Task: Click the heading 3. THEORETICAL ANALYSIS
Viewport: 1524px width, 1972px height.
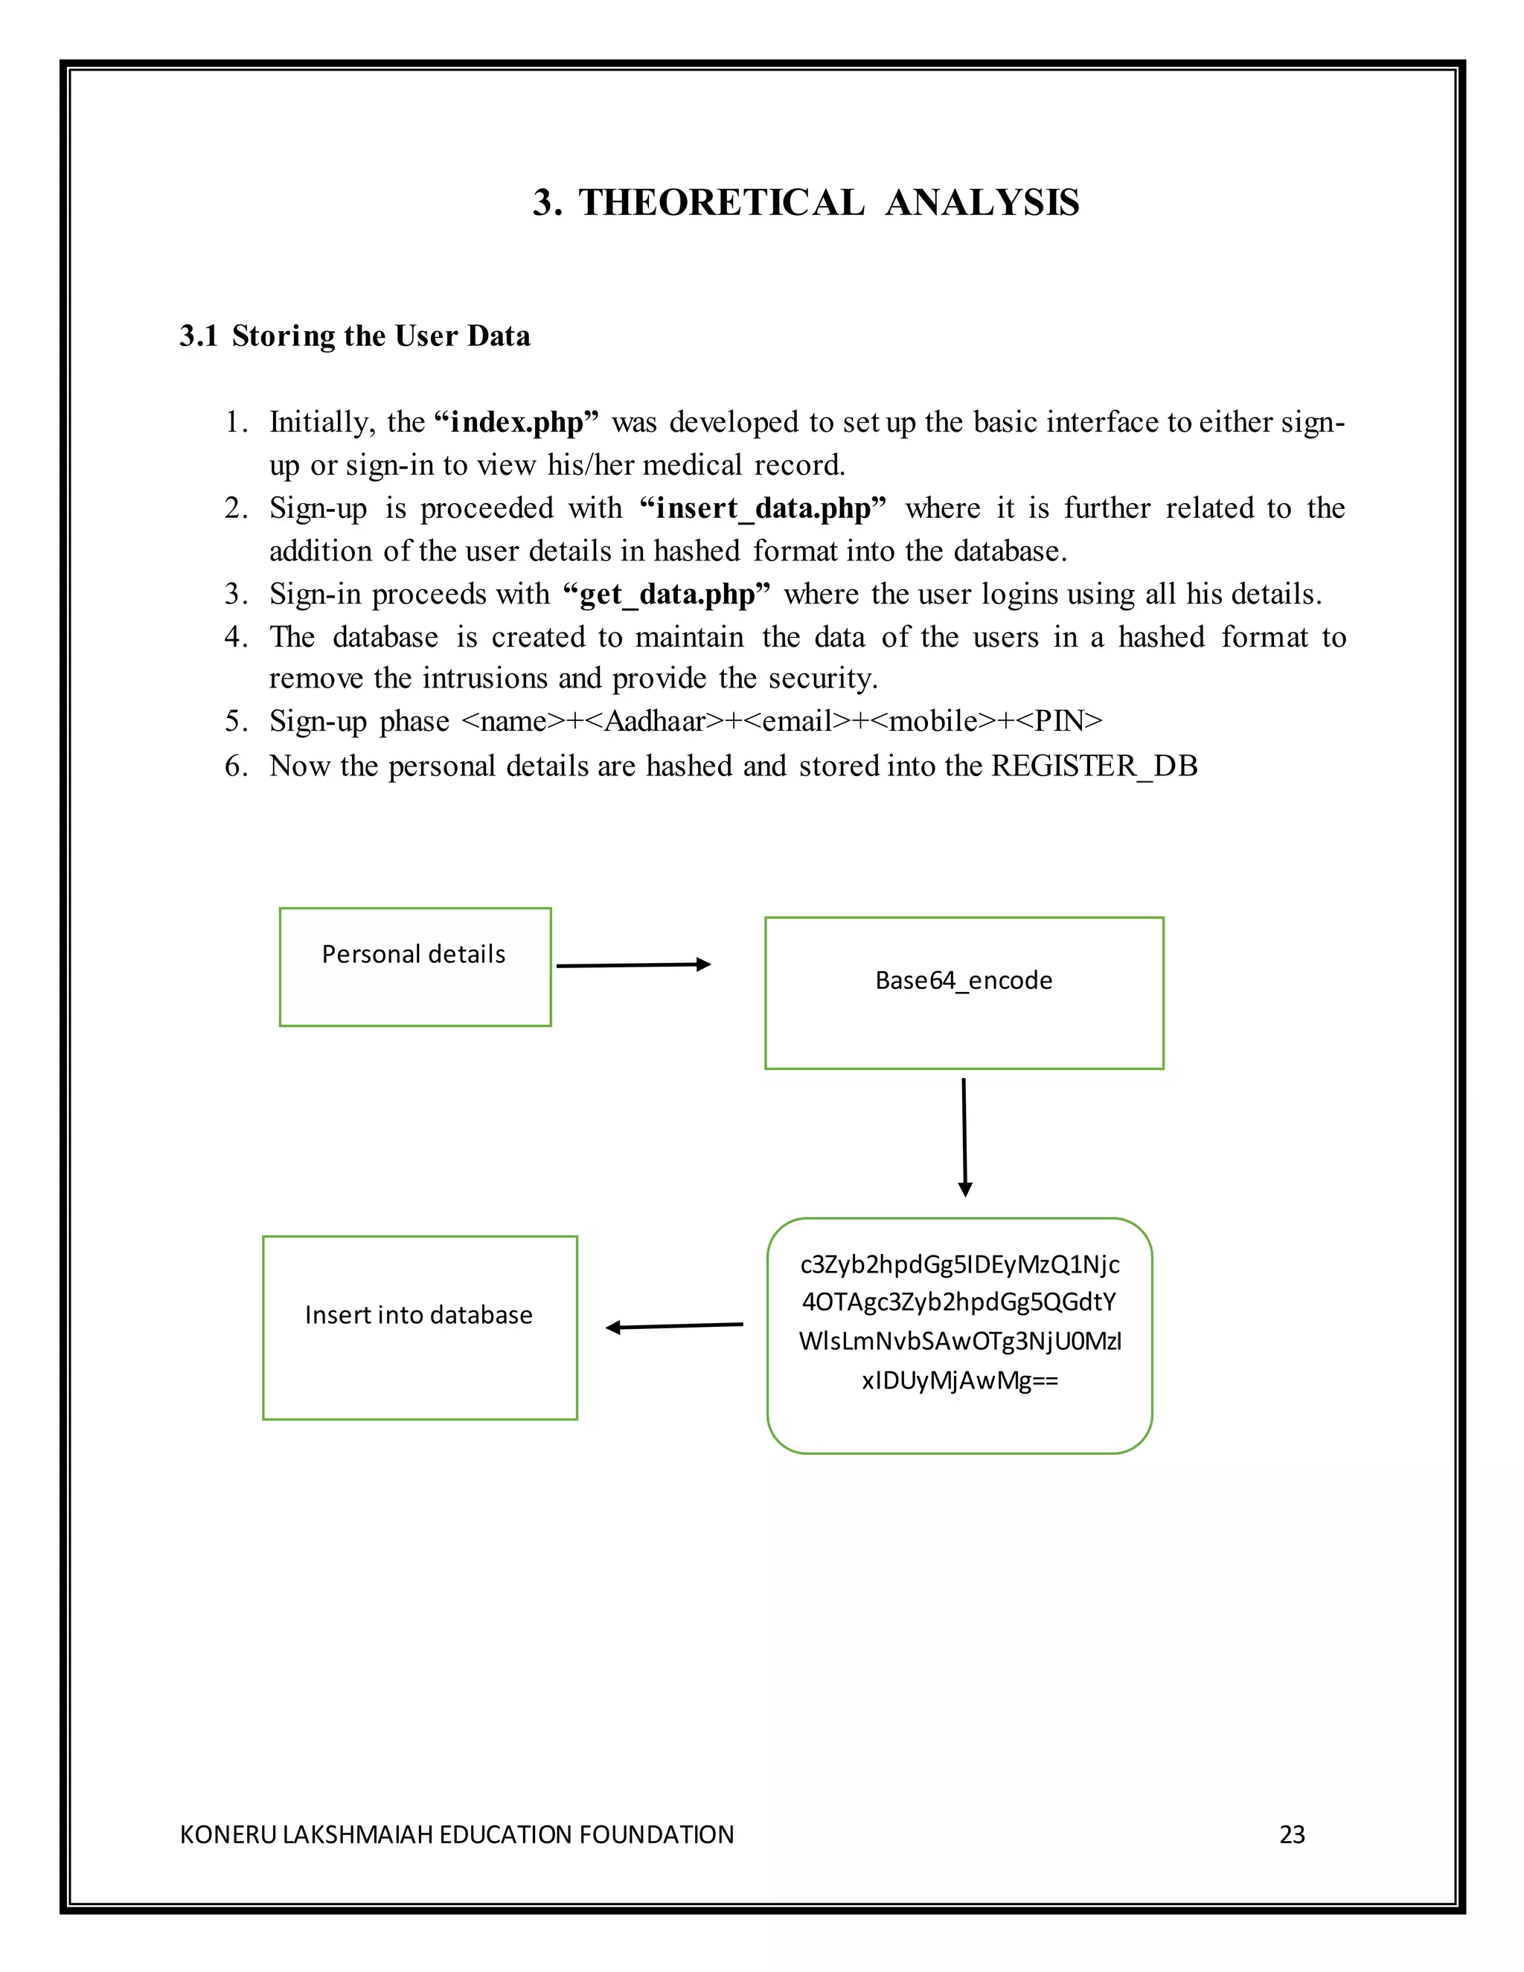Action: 805,202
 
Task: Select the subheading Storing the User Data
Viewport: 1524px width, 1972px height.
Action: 380,336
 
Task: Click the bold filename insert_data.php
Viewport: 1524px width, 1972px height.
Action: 763,508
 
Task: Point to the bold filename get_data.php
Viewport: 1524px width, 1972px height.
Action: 666,594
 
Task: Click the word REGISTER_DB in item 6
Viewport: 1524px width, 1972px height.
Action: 1094,766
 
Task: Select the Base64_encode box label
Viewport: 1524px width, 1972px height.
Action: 964,981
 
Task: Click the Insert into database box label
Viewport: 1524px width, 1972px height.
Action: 419,1315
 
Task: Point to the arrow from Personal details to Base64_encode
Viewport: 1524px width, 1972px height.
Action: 633,965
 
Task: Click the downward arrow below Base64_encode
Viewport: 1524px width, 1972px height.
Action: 964,1138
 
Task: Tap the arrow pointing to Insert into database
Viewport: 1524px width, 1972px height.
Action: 673,1326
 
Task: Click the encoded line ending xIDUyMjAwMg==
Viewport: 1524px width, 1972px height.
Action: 960,1380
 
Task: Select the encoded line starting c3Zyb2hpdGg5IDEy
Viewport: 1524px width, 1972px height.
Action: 960,1264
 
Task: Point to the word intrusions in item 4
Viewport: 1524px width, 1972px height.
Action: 487,678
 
